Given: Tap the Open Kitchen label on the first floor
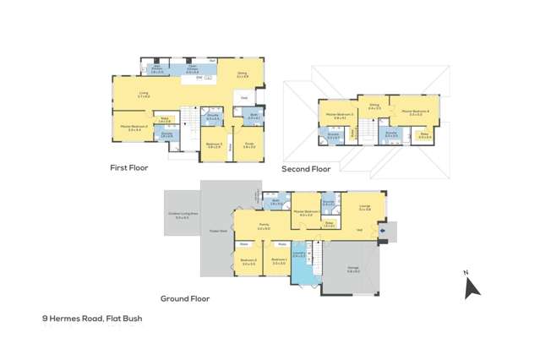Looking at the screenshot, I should pyautogui.click(x=192, y=68).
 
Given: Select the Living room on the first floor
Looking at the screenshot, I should pyautogui.click(x=144, y=95).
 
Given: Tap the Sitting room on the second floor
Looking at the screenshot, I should pyautogui.click(x=374, y=107).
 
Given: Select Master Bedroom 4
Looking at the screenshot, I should pyautogui.click(x=415, y=112).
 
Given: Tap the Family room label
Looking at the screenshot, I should pyautogui.click(x=263, y=226).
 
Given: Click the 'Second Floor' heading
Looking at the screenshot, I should pyautogui.click(x=306, y=169).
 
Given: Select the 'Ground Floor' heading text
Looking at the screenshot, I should pyautogui.click(x=185, y=297).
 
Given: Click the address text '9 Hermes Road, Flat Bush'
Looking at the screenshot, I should pyautogui.click(x=92, y=319).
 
